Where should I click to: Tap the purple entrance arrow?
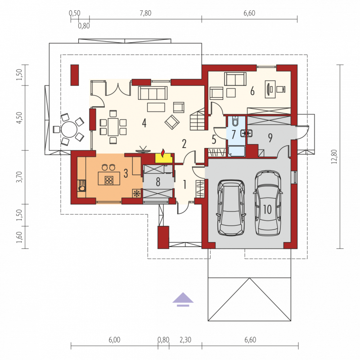point(183,299)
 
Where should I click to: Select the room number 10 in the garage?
point(267,209)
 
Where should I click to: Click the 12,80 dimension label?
point(334,157)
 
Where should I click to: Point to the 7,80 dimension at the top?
point(145,13)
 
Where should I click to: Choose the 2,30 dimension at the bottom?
point(185,340)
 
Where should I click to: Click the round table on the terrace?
point(69,130)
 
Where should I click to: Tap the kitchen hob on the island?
point(109,180)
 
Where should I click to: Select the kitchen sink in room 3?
point(81,185)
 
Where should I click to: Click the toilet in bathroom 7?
point(235,121)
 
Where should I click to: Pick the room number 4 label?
point(144,123)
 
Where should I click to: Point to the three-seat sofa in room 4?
point(153,93)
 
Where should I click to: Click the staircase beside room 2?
point(197,119)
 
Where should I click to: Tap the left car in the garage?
point(231,208)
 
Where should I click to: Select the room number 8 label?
point(158,182)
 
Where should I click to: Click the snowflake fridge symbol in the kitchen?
point(137,193)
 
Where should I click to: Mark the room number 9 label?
point(270,138)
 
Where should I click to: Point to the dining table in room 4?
point(113,127)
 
